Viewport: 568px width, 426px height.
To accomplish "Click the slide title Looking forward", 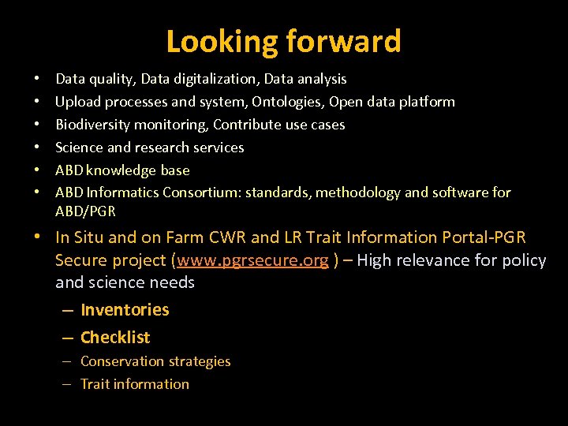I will [283, 41].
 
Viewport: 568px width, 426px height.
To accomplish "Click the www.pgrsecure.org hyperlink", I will [252, 260].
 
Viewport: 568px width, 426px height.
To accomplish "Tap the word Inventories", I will [125, 310].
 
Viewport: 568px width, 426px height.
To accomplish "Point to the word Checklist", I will [115, 338].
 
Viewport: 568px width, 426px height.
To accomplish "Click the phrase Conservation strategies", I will [155, 361].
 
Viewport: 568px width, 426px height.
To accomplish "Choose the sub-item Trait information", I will [135, 384].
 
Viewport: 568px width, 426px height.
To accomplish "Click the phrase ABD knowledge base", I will [122, 170].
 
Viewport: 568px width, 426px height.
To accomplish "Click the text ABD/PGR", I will [85, 211].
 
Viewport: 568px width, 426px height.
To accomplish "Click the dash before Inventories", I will [67, 310].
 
